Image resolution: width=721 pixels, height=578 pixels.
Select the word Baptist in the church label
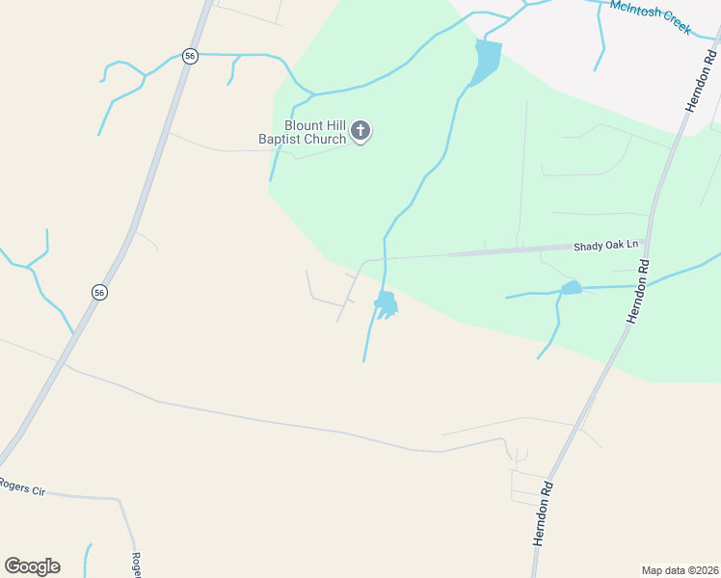[x=280, y=140]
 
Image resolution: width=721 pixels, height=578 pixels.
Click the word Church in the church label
[x=325, y=140]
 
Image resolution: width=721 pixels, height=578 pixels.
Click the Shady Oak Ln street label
[x=606, y=246]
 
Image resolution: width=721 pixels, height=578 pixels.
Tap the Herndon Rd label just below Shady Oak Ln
[x=638, y=290]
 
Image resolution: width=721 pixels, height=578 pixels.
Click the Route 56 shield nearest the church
[x=190, y=56]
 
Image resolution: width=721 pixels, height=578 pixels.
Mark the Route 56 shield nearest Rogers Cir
[x=98, y=291]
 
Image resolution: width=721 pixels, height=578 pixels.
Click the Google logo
[x=32, y=566]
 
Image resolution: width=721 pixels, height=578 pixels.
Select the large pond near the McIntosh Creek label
[x=488, y=61]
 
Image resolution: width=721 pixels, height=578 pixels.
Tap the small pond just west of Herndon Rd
[x=572, y=287]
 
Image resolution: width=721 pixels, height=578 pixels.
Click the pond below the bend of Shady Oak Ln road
[x=387, y=303]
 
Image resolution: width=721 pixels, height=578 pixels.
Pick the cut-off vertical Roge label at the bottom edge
[x=137, y=565]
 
